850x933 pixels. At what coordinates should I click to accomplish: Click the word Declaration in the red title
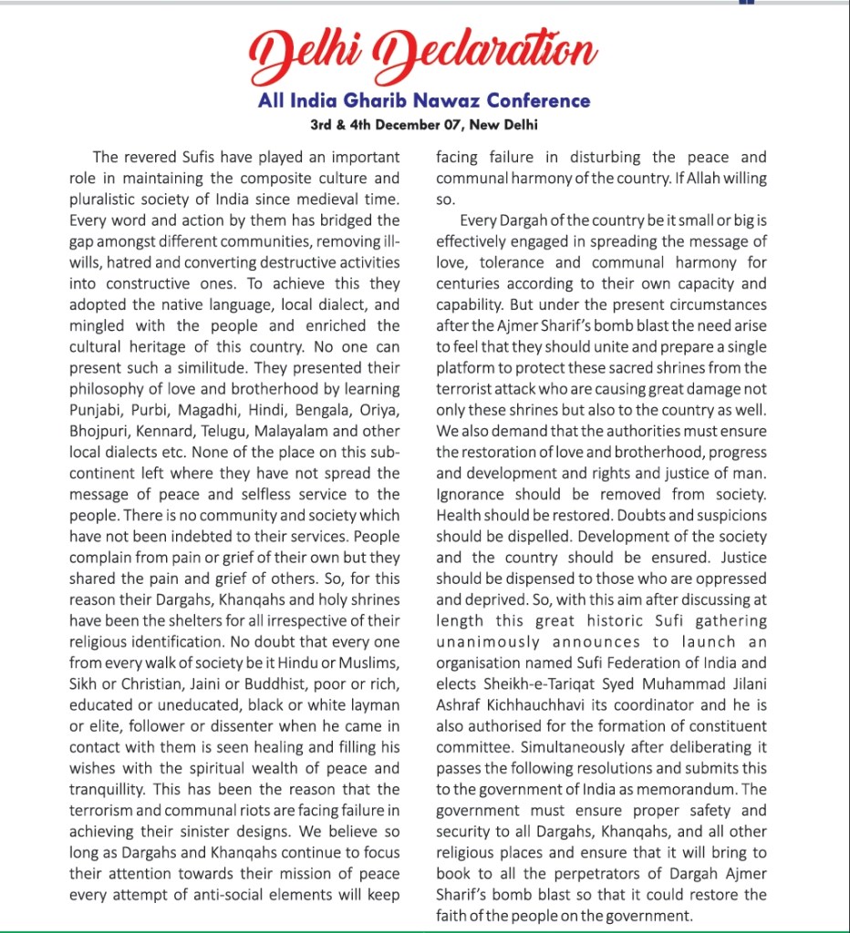(488, 52)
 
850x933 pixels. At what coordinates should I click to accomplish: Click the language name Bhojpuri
(101, 431)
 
